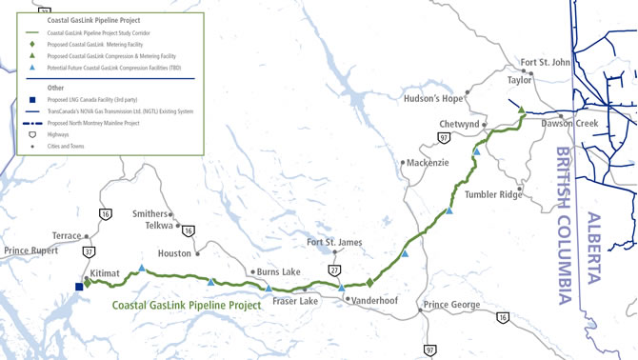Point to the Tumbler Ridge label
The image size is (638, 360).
coord(493,194)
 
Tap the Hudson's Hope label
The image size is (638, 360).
coord(432,98)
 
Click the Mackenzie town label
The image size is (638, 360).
coord(428,163)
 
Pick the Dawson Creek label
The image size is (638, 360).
coord(568,125)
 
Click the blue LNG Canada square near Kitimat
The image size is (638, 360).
coord(80,285)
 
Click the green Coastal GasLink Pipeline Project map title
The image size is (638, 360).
coord(187,306)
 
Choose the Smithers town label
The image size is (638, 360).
coord(149,214)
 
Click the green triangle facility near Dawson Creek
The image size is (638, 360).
coord(521,111)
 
